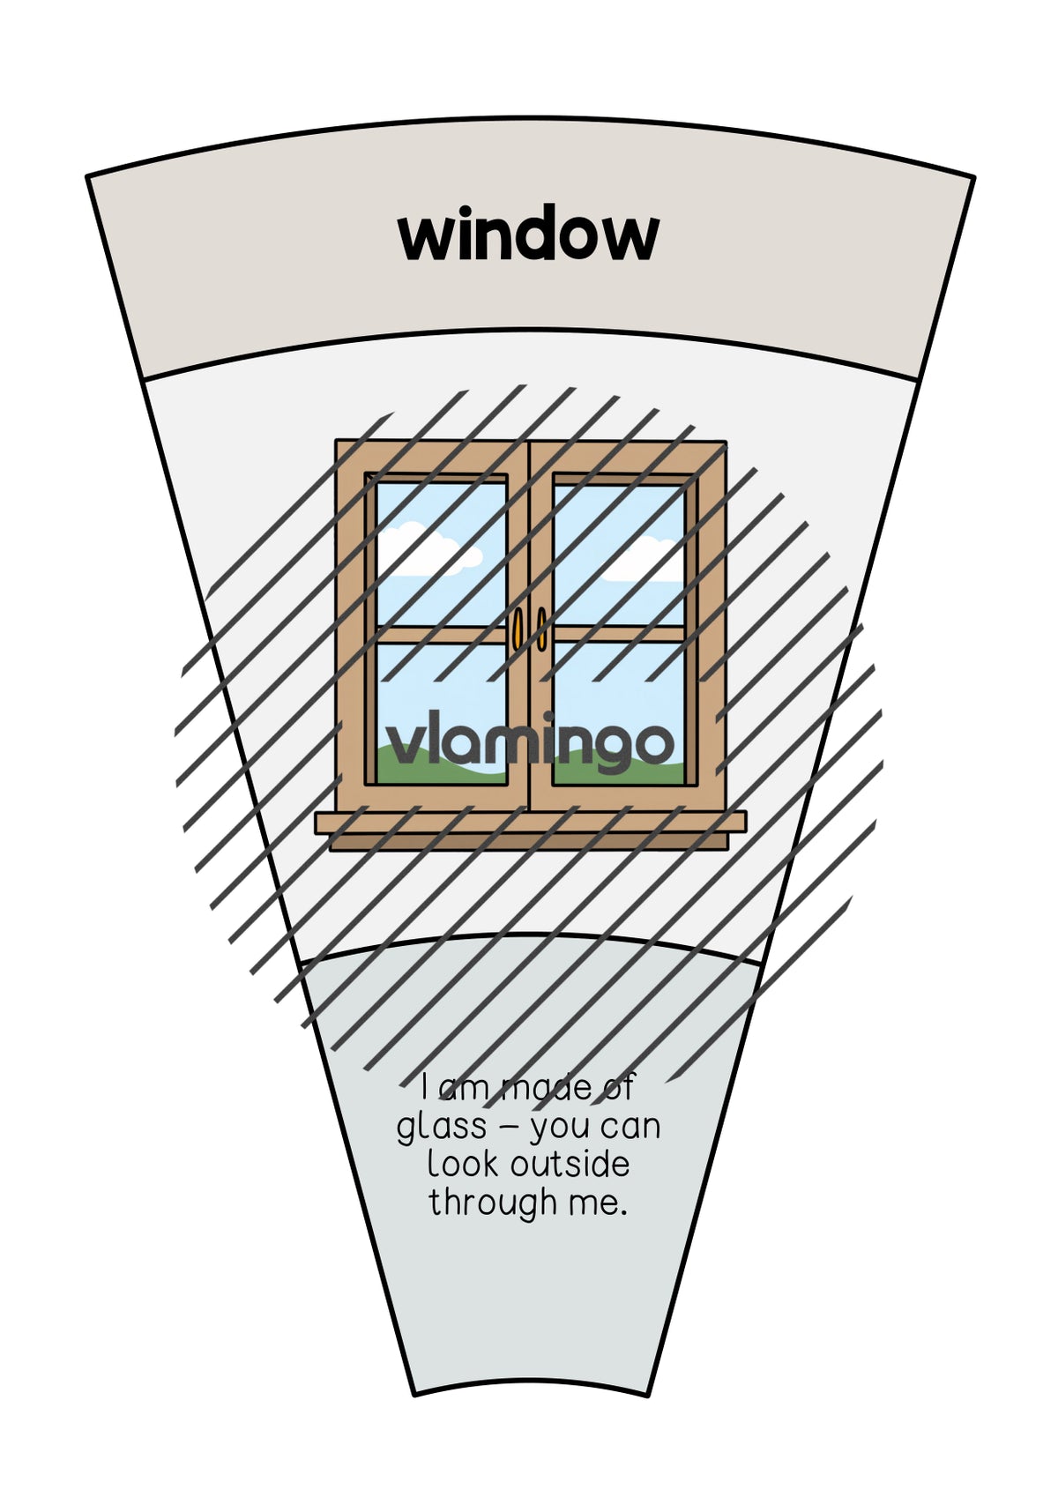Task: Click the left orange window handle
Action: pos(517,629)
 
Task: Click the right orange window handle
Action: pos(541,629)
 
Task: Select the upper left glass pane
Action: pos(441,554)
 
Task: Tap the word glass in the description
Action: pos(441,1128)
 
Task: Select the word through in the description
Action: pos(493,1203)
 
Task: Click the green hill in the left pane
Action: pos(441,766)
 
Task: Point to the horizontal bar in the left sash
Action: pos(441,634)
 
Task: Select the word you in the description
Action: pos(562,1129)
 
